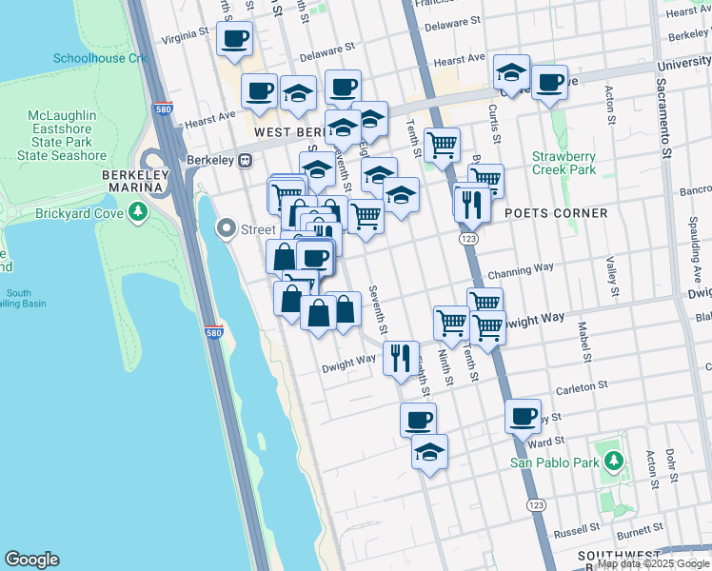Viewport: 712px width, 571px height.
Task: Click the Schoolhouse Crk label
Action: (101, 58)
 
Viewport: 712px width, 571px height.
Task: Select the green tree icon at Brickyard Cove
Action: (140, 210)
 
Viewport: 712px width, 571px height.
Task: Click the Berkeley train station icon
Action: (245, 160)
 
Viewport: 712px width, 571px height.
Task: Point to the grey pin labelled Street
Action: (226, 228)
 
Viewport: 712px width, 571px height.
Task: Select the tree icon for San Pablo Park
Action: (614, 463)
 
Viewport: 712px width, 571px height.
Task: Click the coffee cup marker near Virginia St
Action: (234, 39)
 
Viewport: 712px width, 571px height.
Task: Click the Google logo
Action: (31, 560)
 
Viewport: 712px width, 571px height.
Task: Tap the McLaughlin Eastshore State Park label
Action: (67, 135)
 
